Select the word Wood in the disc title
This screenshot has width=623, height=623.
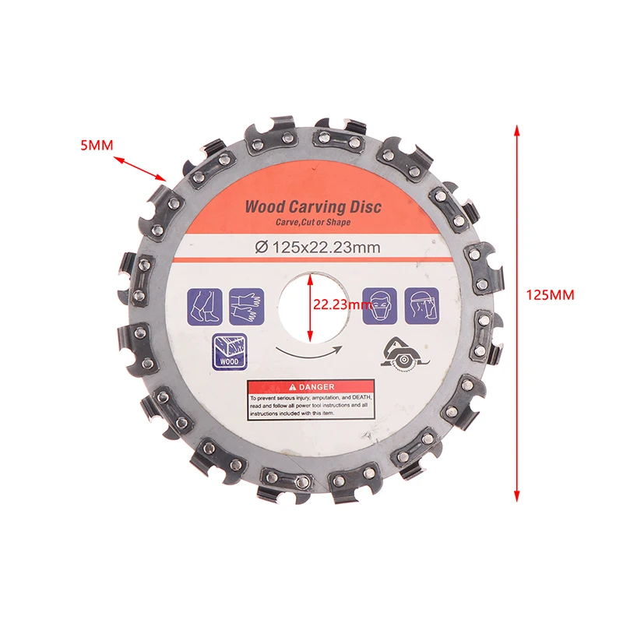point(265,208)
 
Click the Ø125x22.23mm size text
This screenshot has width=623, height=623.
point(317,248)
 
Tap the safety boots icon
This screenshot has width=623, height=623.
point(204,305)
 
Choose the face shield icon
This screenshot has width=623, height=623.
point(421,305)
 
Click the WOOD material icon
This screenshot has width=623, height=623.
point(228,351)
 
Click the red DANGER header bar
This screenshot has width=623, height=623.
point(310,386)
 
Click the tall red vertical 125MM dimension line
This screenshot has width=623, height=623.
point(516,311)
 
